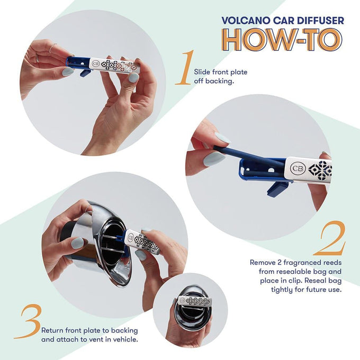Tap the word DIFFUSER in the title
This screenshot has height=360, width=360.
click(320, 21)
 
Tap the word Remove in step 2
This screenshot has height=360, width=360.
click(263, 263)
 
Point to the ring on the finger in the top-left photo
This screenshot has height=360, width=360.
click(52, 49)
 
